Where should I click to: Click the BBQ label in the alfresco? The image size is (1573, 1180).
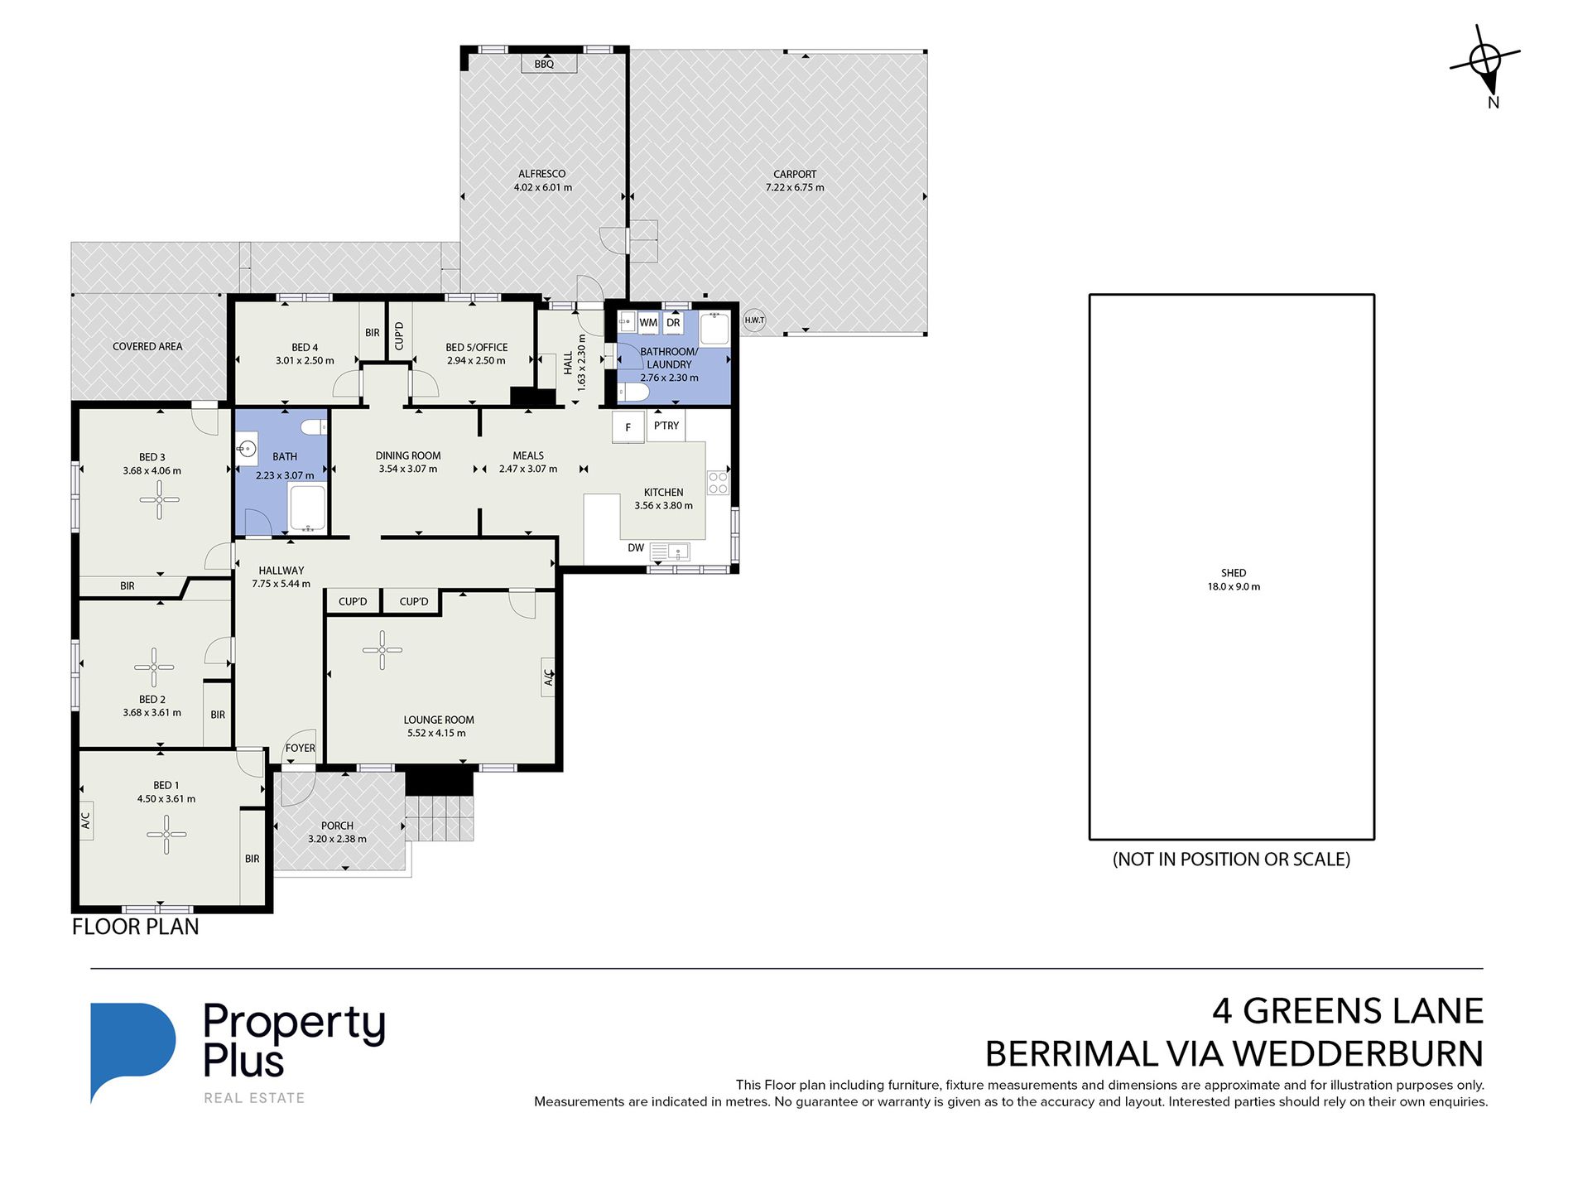[544, 64]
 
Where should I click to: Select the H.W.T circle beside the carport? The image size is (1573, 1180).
[754, 320]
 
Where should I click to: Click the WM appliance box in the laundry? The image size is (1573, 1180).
[648, 323]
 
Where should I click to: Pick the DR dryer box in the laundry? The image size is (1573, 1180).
[673, 323]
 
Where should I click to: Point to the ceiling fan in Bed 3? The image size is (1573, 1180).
[159, 499]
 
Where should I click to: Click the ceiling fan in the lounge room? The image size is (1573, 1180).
[382, 650]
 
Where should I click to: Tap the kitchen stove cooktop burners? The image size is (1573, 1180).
[718, 483]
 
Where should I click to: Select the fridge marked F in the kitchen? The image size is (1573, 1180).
[628, 427]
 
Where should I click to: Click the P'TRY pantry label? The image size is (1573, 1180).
[666, 426]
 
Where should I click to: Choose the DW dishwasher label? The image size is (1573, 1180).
[636, 547]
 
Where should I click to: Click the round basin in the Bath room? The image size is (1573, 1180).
[246, 449]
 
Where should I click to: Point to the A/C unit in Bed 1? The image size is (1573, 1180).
[85, 820]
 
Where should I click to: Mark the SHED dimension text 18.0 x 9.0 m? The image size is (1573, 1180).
[1234, 586]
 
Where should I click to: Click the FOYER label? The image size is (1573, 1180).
[301, 748]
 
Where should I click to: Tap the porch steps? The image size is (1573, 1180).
[440, 818]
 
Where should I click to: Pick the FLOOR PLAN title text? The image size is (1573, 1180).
[136, 927]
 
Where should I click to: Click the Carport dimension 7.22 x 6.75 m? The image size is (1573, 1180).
[795, 188]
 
